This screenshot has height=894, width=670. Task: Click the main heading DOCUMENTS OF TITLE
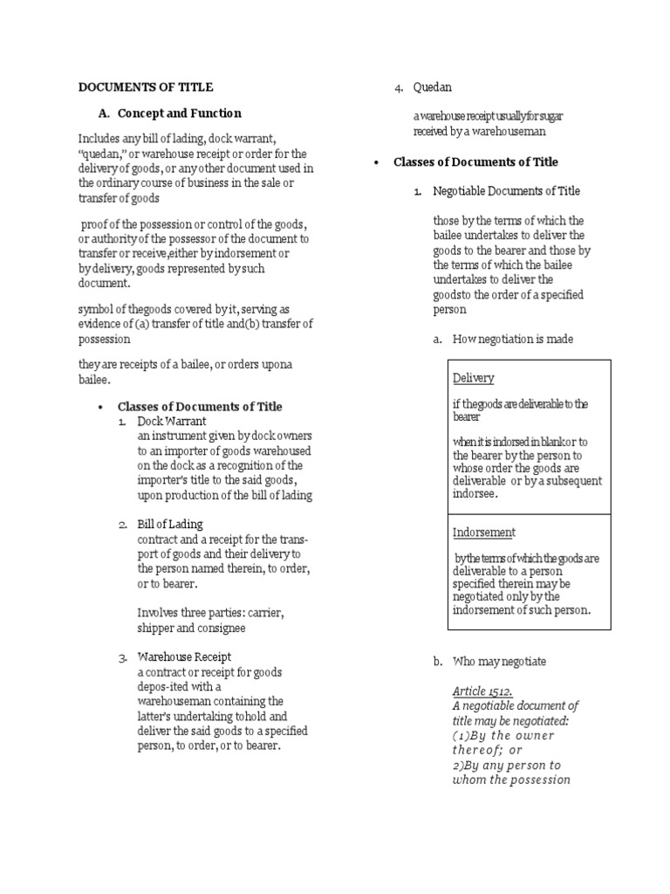pos(146,87)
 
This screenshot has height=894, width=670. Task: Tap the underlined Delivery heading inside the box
pos(473,378)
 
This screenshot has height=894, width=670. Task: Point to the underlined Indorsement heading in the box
pos(484,532)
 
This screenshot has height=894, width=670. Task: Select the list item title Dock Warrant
pos(172,421)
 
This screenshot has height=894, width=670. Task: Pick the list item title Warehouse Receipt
pos(184,657)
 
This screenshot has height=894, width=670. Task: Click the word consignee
pos(222,628)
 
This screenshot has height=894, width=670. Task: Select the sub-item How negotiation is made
pos(513,340)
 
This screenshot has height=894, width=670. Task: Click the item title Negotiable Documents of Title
pos(506,191)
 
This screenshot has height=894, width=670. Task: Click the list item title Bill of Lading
pos(170,524)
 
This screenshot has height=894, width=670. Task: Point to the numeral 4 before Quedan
pos(397,87)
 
